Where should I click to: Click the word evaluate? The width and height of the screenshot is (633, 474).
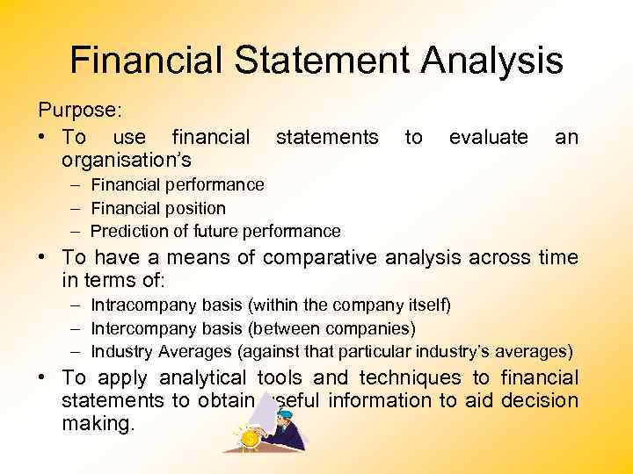[488, 137]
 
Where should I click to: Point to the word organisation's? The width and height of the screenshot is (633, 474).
[127, 160]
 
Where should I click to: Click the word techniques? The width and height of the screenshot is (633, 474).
[407, 377]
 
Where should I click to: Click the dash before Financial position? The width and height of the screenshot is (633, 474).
[76, 208]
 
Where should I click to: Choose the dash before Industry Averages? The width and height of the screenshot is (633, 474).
[76, 351]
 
